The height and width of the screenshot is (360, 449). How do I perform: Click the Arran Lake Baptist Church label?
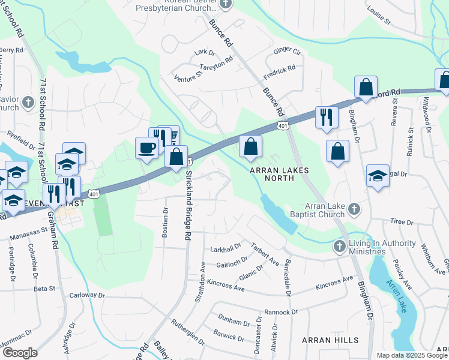320,211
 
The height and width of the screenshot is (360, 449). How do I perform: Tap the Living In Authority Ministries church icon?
339,246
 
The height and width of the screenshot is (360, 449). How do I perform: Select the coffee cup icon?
146,148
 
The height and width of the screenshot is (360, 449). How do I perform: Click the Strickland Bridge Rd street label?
188,206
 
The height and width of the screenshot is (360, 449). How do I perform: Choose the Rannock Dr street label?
281,312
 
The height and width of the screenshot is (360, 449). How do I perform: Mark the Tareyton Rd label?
216,63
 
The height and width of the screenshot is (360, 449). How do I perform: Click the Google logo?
20,353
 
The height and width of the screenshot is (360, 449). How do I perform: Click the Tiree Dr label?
400,222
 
